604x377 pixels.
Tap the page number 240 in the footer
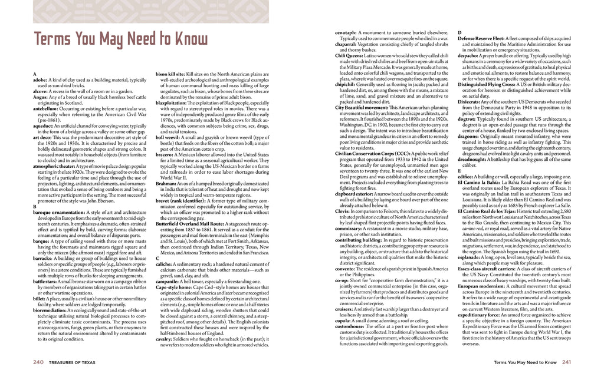(x=39, y=362)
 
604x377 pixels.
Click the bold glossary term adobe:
(x=41, y=80)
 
